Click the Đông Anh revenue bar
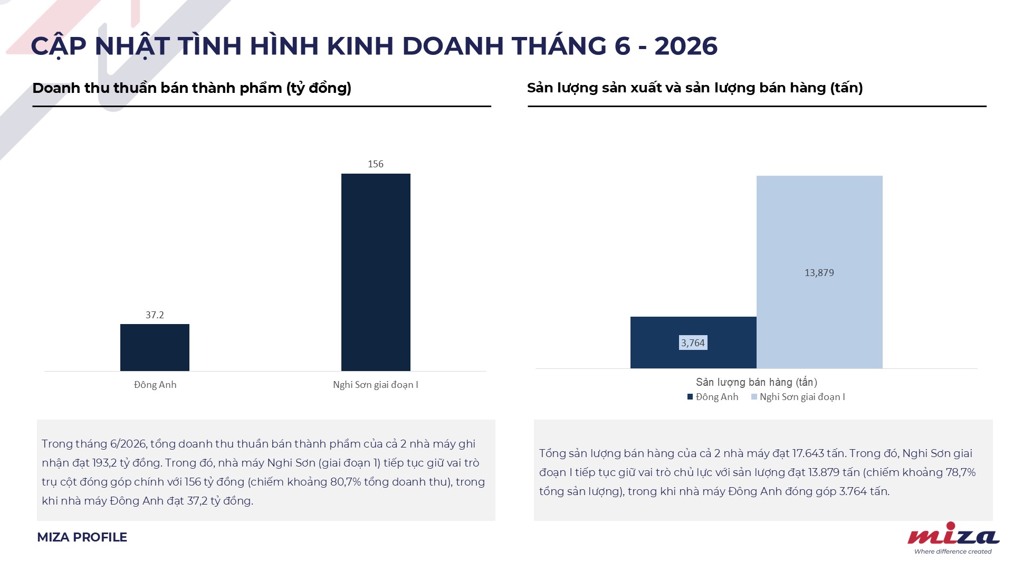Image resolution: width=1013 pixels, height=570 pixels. pyautogui.click(x=155, y=347)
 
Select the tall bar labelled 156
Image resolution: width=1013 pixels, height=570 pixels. pyautogui.click(x=376, y=272)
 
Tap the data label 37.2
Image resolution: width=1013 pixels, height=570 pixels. pyautogui.click(x=155, y=315)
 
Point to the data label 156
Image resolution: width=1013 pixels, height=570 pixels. pyautogui.click(x=376, y=164)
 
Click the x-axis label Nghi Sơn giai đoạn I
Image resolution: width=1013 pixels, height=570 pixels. pyautogui.click(x=376, y=385)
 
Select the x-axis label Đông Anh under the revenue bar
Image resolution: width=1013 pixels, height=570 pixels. pyautogui.click(x=155, y=385)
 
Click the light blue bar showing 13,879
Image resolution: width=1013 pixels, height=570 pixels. pyautogui.click(x=819, y=272)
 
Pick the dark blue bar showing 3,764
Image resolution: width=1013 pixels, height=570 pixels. pyautogui.click(x=693, y=343)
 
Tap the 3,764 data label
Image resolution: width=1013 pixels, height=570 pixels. pyautogui.click(x=693, y=343)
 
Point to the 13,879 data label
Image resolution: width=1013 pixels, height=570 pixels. pyautogui.click(x=819, y=273)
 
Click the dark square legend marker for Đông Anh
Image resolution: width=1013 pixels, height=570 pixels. pyautogui.click(x=690, y=397)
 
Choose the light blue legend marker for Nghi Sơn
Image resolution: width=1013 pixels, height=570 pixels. pyautogui.click(x=754, y=397)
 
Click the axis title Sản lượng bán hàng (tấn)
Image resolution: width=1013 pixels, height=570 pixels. pyautogui.click(x=757, y=382)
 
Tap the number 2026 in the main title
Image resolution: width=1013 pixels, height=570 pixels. pyautogui.click(x=686, y=46)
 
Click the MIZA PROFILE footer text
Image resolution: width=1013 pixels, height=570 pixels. pyautogui.click(x=82, y=537)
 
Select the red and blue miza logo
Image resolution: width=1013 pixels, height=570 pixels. pyautogui.click(x=953, y=538)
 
